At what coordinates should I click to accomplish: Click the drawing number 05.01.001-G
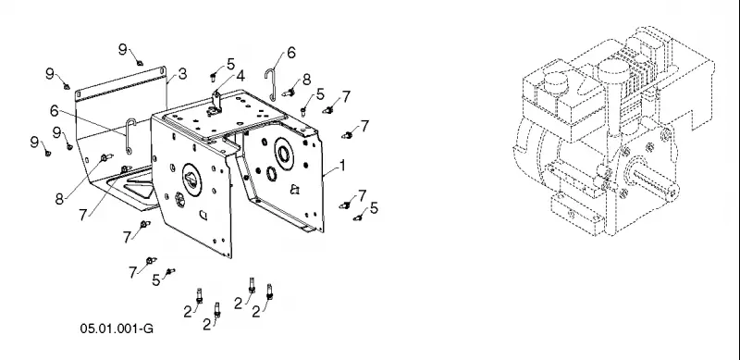pos(117,329)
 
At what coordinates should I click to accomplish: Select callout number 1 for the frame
pos(342,166)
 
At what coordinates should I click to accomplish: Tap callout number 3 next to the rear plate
pos(182,74)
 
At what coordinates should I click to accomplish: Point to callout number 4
pos(240,76)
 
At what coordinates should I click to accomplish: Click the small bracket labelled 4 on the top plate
pos(216,103)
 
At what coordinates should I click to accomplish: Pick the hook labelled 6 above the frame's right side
pos(270,84)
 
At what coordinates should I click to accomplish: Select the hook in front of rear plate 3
pos(129,136)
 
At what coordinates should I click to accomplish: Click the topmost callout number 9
pos(123,49)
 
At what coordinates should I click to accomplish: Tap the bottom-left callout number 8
pos(59,199)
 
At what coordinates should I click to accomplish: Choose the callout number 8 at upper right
pos(306,80)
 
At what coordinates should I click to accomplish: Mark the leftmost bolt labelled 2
pos(199,296)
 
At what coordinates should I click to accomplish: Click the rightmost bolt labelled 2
pos(269,292)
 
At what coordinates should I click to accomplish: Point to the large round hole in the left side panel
pos(191,179)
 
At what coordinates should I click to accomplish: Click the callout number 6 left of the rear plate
pos(55,110)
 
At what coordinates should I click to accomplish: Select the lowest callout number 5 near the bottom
pos(155,280)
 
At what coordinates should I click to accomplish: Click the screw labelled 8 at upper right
pos(289,93)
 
